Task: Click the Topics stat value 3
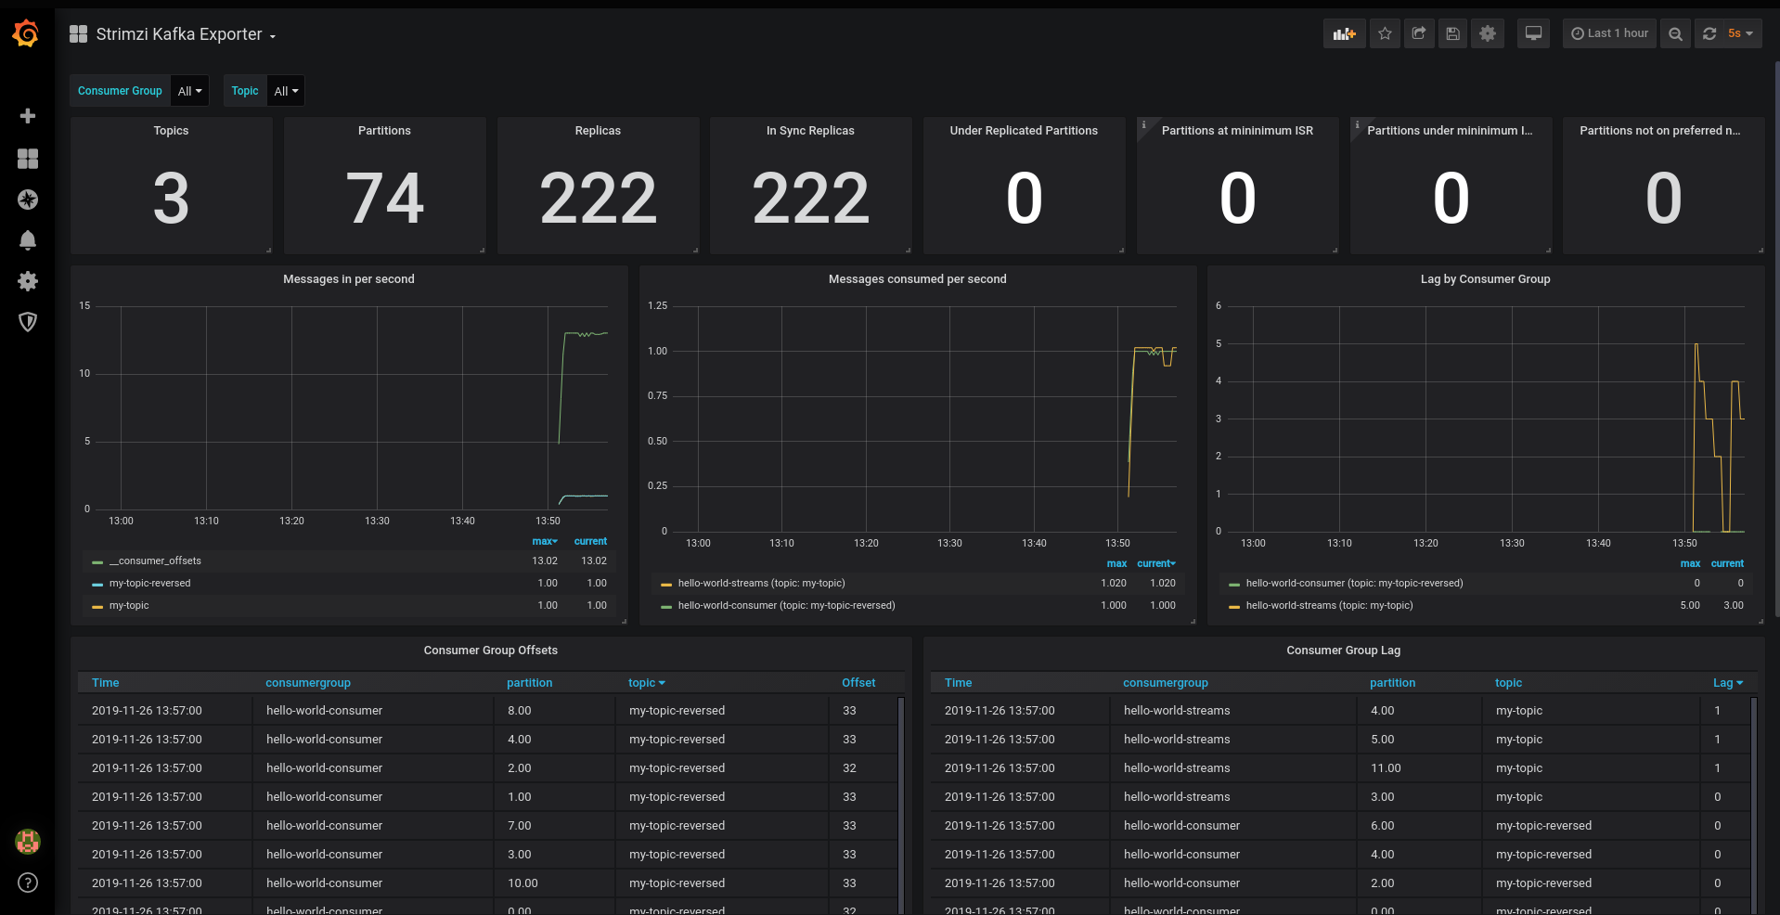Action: (x=171, y=199)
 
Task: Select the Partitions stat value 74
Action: (x=384, y=199)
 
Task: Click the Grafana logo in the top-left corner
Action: (x=26, y=34)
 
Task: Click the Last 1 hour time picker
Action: (x=1609, y=33)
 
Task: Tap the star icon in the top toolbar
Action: (x=1385, y=33)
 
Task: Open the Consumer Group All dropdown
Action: (x=189, y=91)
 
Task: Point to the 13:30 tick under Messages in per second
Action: (x=377, y=521)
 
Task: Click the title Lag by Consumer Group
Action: (x=1485, y=279)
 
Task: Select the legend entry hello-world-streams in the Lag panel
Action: (x=1329, y=605)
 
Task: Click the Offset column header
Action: (x=858, y=683)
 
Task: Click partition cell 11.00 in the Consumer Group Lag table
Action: (x=1386, y=768)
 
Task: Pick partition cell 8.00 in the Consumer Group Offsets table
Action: (x=520, y=711)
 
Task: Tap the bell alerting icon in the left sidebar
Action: (x=28, y=240)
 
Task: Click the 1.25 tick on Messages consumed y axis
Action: (x=657, y=305)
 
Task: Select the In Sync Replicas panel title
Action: (x=810, y=131)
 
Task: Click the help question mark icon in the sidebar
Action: (x=28, y=883)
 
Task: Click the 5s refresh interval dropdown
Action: (x=1739, y=33)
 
